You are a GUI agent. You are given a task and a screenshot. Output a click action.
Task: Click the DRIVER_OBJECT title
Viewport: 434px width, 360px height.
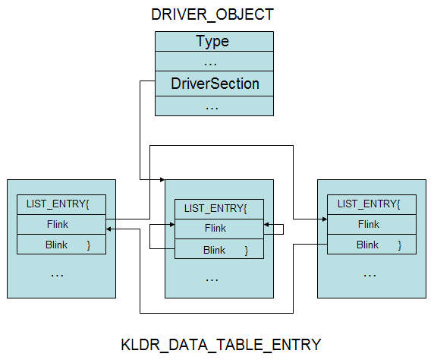(212, 14)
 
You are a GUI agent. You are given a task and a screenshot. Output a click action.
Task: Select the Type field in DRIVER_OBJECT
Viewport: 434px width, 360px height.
(214, 41)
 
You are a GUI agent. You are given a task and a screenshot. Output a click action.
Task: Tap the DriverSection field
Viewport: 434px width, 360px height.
(214, 84)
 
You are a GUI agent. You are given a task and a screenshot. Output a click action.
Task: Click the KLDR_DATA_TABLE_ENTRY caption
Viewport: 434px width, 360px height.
(221, 345)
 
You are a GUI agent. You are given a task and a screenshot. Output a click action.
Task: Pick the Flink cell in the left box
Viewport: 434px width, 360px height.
(61, 224)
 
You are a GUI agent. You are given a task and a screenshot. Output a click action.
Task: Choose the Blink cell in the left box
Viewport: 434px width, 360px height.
(61, 245)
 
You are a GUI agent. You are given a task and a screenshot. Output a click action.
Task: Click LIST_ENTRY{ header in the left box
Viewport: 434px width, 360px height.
(61, 204)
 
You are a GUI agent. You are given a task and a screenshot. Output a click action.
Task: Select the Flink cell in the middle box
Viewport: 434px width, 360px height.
(219, 229)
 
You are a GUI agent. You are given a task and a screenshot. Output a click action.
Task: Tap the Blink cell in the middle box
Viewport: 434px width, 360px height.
(219, 249)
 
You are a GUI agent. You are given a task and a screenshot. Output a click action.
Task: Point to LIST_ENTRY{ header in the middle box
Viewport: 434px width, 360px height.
(219, 209)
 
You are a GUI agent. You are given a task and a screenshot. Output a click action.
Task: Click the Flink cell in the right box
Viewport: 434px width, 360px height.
(372, 224)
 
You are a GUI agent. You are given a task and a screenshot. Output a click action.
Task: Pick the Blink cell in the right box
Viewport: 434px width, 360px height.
(372, 245)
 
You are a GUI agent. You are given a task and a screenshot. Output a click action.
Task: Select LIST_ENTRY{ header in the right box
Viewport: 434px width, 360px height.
(372, 204)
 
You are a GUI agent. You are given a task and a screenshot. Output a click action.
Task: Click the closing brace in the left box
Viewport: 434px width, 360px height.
(89, 245)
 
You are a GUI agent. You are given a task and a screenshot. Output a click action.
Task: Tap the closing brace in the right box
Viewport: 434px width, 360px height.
(400, 245)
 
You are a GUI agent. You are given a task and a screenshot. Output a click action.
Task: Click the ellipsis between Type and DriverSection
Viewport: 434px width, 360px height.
(210, 65)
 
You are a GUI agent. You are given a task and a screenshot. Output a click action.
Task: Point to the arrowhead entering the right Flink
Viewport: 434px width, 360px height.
(325, 219)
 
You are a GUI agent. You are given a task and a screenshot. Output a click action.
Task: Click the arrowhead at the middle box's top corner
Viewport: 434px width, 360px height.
(162, 179)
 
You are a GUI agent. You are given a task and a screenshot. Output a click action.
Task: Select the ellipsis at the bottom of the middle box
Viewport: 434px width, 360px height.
(212, 280)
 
